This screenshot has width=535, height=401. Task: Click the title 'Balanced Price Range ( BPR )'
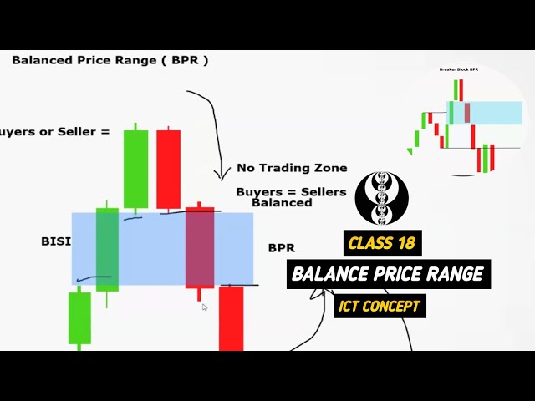point(110,60)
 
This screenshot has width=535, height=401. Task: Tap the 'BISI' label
point(55,241)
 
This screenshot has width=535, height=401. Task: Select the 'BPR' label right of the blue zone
point(281,248)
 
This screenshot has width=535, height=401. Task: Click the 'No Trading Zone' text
point(292,168)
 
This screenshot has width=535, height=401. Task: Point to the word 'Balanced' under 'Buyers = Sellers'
point(282,202)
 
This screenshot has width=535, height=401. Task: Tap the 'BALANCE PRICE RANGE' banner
point(389,274)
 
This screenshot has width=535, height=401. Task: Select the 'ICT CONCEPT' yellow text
point(379,306)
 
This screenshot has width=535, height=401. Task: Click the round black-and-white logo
point(382,199)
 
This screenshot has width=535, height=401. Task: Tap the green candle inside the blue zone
point(107,248)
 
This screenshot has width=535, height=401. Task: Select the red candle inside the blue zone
point(200,248)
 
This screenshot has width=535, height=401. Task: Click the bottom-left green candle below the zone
point(79,317)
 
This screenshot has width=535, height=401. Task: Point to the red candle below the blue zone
point(231,317)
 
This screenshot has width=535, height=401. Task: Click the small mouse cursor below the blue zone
point(205,307)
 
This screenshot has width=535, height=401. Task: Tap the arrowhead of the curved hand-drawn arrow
point(222,175)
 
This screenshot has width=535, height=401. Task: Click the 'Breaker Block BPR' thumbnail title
point(458,69)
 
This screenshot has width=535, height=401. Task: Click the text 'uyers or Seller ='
point(54,131)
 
